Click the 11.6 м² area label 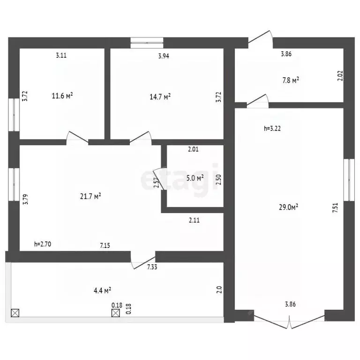62,96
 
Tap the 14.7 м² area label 160,97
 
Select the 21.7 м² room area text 90,196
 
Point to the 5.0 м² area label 195,178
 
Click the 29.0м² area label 288,207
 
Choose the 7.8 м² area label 291,80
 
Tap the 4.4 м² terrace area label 102,291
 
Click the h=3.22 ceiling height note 272,128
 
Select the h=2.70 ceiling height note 43,244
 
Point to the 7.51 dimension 335,208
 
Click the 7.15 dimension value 105,246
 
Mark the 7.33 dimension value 152,267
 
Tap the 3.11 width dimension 61,55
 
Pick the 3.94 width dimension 164,56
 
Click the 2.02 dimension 340,75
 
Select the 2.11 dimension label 194,220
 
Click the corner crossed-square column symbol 15,313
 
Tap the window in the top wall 147,43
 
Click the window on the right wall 349,180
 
